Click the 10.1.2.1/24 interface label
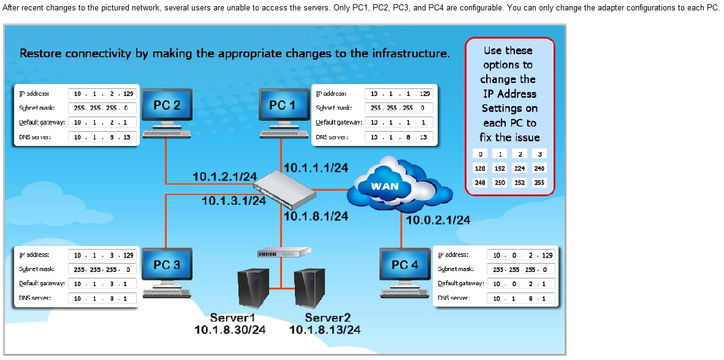[x=224, y=177]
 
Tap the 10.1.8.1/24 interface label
[x=316, y=216]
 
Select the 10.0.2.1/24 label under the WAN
[x=438, y=220]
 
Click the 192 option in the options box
[x=500, y=168]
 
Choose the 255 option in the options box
[x=539, y=182]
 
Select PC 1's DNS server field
[x=399, y=137]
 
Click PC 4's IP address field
[x=521, y=255]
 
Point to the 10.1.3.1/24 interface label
[x=234, y=201]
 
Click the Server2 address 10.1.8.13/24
[x=324, y=330]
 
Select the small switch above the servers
[x=281, y=253]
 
